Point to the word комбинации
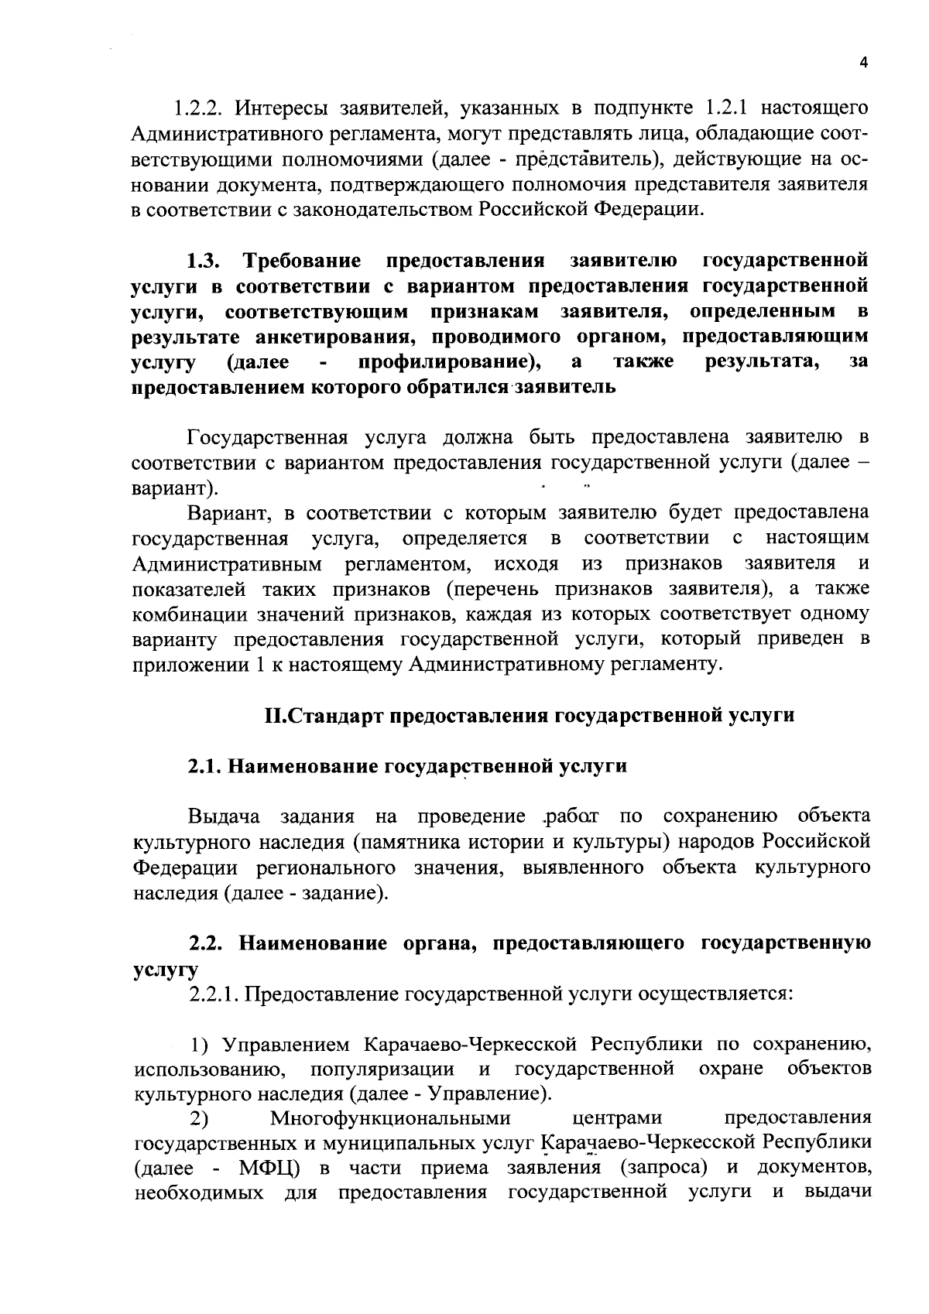179,615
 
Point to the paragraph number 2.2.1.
215,994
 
